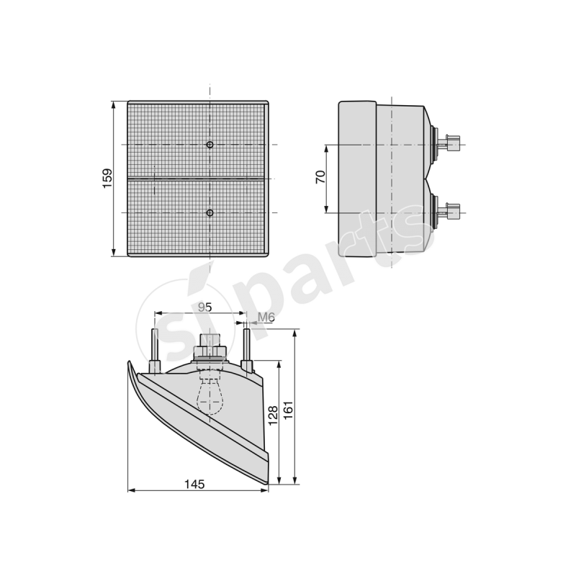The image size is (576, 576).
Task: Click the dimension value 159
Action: click(107, 179)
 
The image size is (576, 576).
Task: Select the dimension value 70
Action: click(321, 178)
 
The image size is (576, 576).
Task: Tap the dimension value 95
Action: click(204, 307)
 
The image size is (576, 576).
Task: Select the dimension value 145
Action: click(195, 485)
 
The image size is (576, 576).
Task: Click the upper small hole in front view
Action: click(210, 145)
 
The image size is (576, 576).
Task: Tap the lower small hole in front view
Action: click(210, 212)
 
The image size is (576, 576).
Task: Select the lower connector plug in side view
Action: click(452, 212)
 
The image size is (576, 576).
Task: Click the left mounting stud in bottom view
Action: click(154, 350)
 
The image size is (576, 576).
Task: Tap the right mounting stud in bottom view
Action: click(248, 348)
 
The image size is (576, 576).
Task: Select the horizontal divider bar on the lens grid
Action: click(198, 178)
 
